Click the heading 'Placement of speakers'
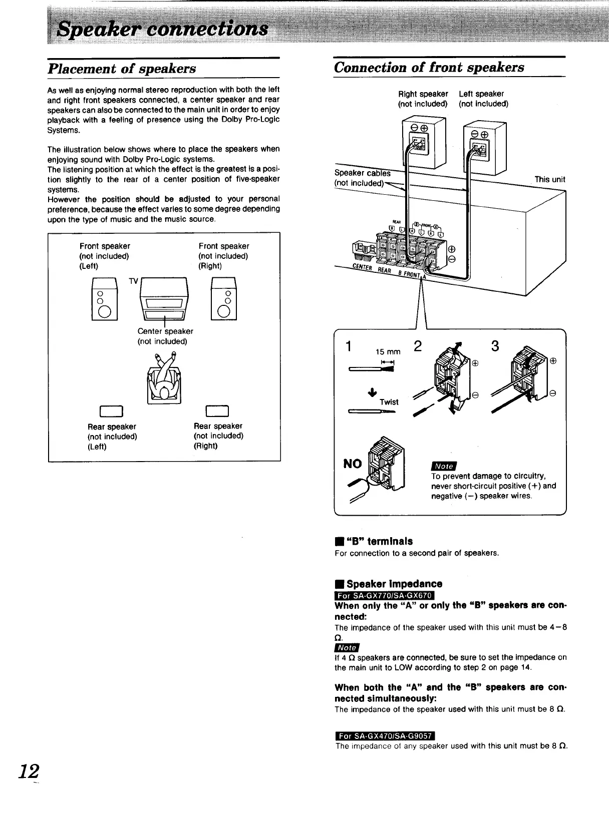tap(122, 69)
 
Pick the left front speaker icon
tap(104, 298)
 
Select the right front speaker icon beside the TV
tap(224, 298)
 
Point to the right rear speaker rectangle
tap(217, 412)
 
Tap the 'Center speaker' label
tap(165, 331)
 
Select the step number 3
tap(495, 346)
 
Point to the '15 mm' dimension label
tap(388, 352)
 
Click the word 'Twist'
tap(389, 402)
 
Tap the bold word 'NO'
tap(353, 464)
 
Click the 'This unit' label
tap(549, 179)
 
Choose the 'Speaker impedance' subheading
tap(393, 584)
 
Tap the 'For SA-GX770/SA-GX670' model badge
tap(384, 595)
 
